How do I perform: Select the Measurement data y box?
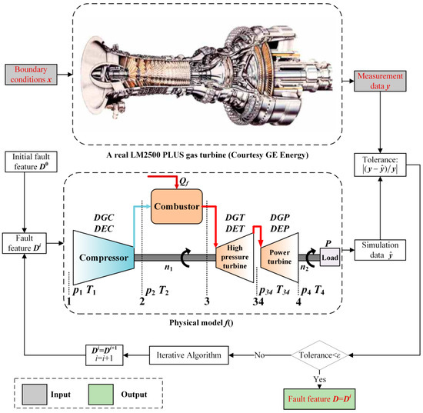[x=384, y=76]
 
